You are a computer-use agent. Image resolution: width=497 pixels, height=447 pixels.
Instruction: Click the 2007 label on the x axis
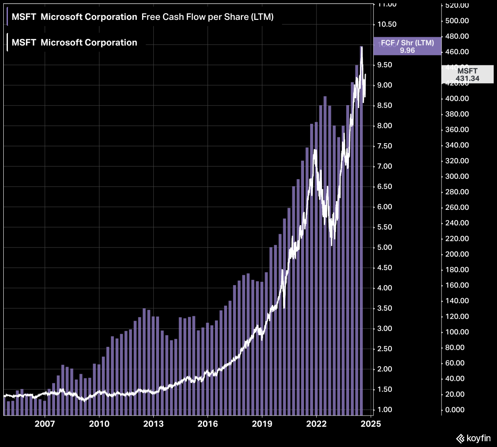(45, 424)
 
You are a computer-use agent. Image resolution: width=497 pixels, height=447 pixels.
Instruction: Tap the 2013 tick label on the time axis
(153, 424)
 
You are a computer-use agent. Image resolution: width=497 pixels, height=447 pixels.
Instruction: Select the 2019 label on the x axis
(262, 424)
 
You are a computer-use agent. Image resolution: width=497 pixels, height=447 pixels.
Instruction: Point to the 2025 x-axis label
(370, 424)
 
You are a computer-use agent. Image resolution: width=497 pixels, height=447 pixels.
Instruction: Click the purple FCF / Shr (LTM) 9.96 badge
(407, 46)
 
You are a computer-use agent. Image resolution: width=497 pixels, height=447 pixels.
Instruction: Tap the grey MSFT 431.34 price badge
(467, 74)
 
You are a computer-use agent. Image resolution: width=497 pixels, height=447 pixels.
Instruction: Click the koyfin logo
(473, 438)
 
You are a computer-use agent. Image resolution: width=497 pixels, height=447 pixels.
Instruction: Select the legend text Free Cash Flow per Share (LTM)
(207, 17)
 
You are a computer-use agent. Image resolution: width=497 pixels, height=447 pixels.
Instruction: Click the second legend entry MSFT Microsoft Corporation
(74, 43)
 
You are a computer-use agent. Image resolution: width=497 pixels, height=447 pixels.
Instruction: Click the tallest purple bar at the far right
(361, 228)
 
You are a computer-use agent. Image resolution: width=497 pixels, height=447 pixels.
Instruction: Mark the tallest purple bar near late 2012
(144, 360)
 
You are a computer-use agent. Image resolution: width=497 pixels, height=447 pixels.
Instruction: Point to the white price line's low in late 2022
(331, 245)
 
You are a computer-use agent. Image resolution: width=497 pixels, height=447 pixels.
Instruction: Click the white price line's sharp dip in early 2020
(284, 308)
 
